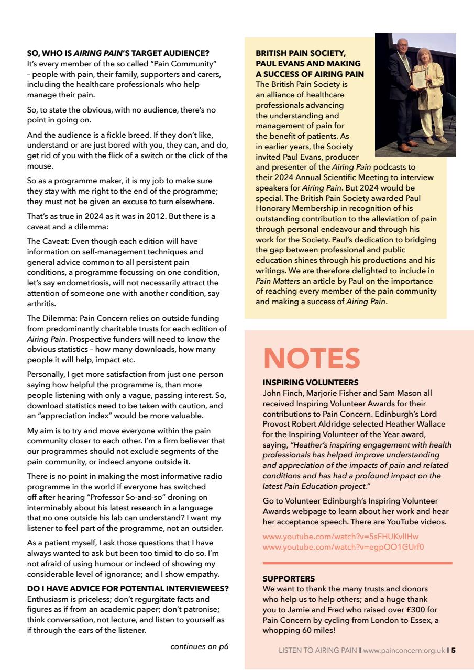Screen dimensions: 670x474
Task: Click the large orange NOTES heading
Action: (312, 359)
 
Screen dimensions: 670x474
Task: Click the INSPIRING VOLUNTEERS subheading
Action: (303, 383)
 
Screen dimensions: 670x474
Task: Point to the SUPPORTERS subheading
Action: (289, 579)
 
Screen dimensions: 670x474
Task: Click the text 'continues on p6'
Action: (200, 646)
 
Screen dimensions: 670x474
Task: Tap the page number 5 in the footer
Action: (454, 651)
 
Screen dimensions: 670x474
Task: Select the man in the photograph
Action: (401, 89)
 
